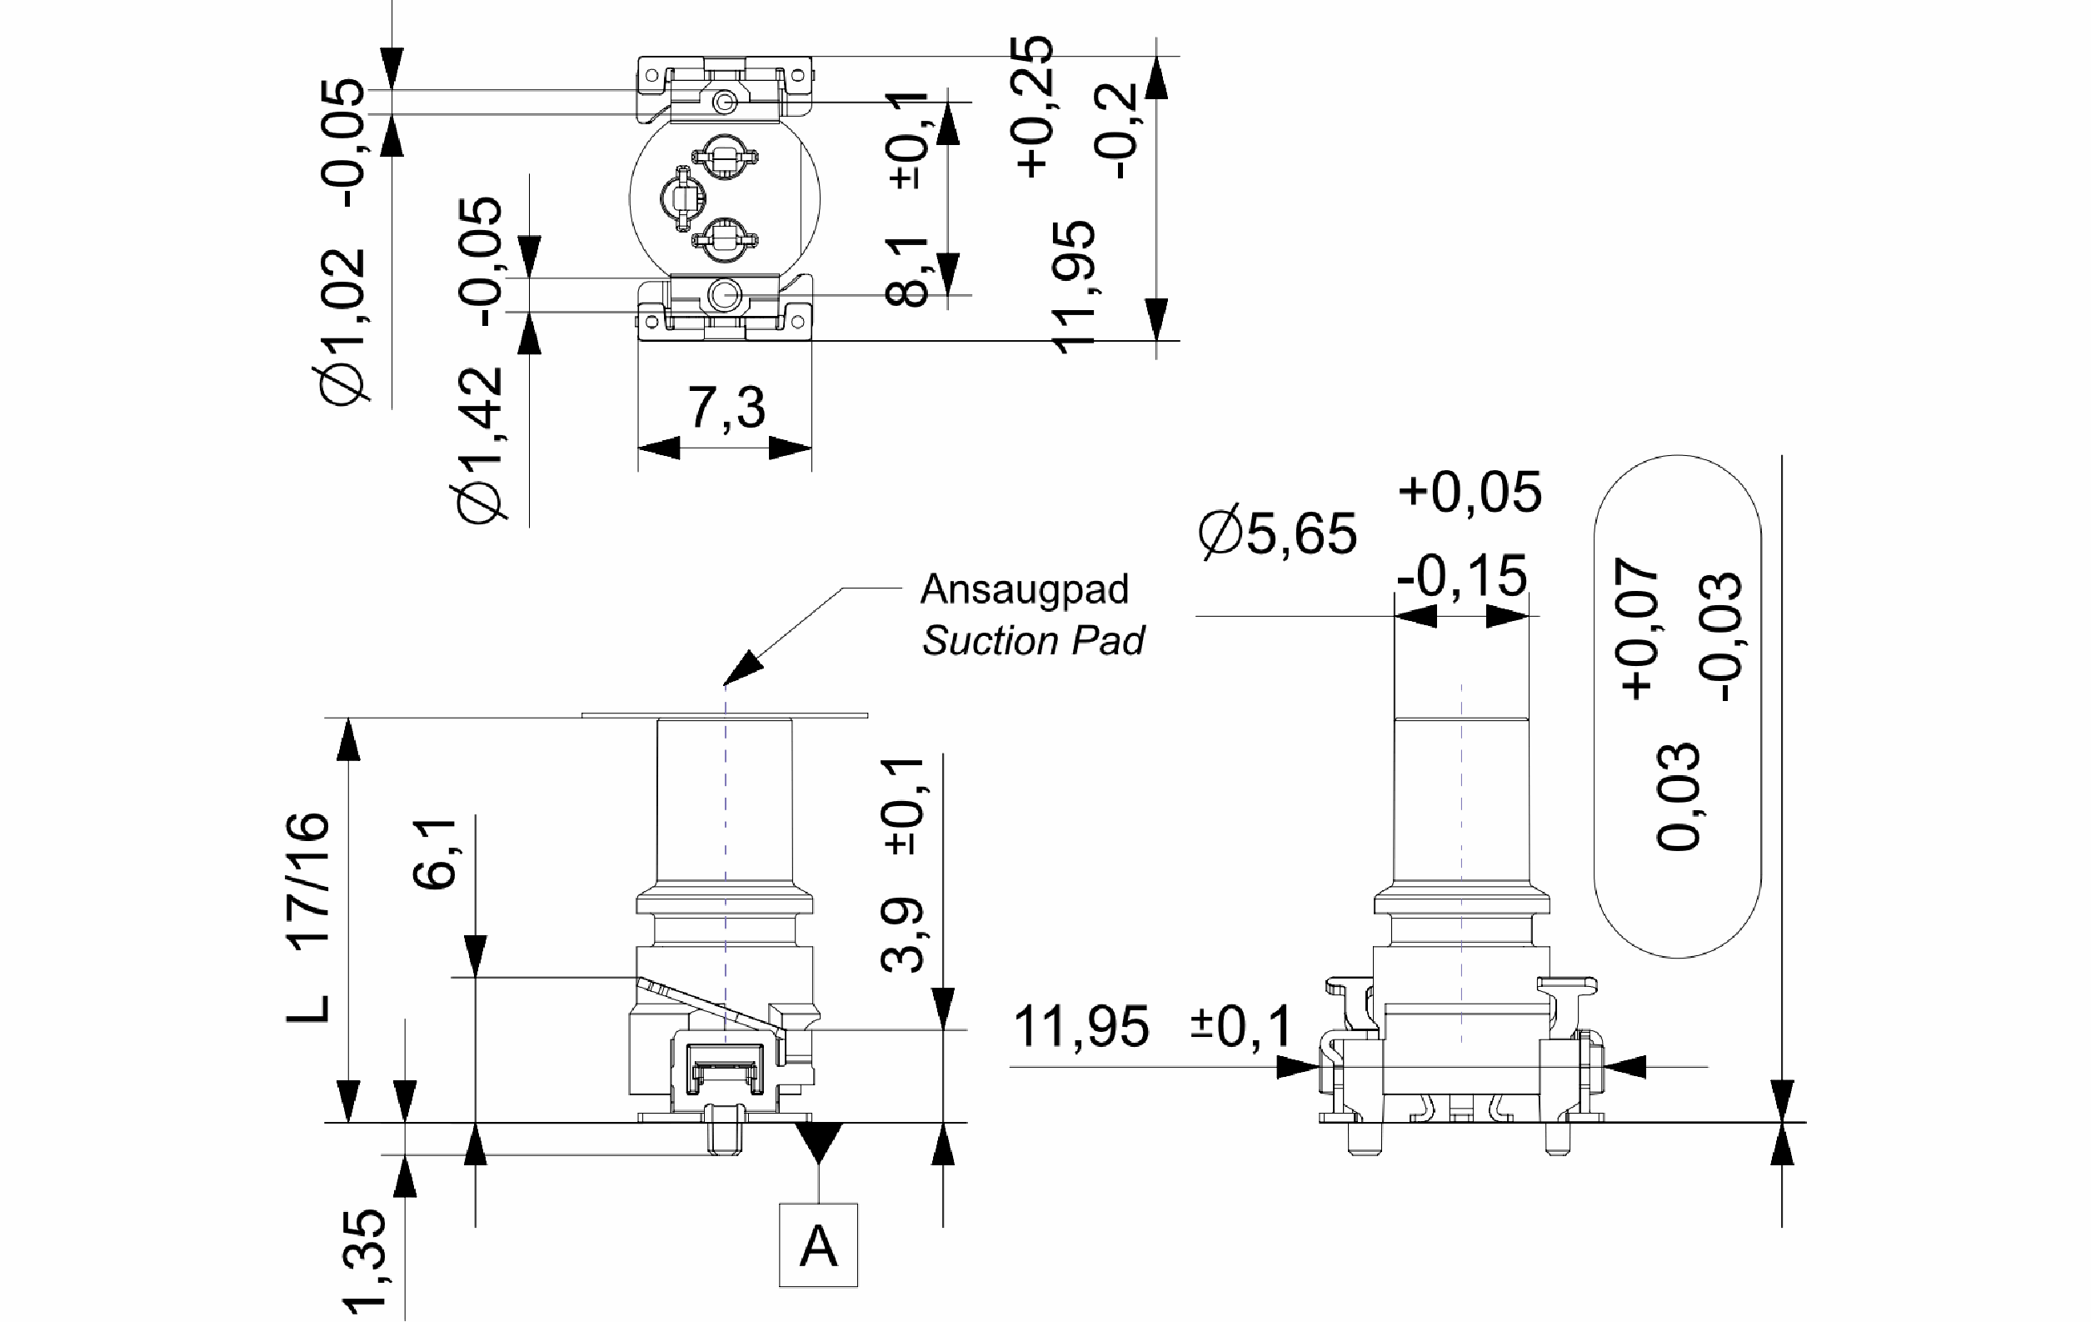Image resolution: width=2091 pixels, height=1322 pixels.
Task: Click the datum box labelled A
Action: (x=818, y=1244)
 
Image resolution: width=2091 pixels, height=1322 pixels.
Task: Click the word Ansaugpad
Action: (x=1025, y=590)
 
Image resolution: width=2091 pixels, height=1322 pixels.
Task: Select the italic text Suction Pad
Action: (x=1033, y=641)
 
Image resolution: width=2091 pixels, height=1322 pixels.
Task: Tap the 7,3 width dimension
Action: (x=726, y=408)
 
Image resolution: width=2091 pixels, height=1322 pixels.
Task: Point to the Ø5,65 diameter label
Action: (x=1277, y=533)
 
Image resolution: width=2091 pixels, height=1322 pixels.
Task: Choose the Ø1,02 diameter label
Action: (x=342, y=328)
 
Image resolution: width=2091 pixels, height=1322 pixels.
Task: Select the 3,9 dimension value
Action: (x=902, y=934)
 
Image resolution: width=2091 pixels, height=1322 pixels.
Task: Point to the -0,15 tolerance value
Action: (x=1461, y=575)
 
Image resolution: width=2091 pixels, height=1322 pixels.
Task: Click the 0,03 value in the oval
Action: (x=1677, y=798)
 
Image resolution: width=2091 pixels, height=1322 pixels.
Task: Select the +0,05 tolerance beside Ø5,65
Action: (x=1470, y=492)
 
